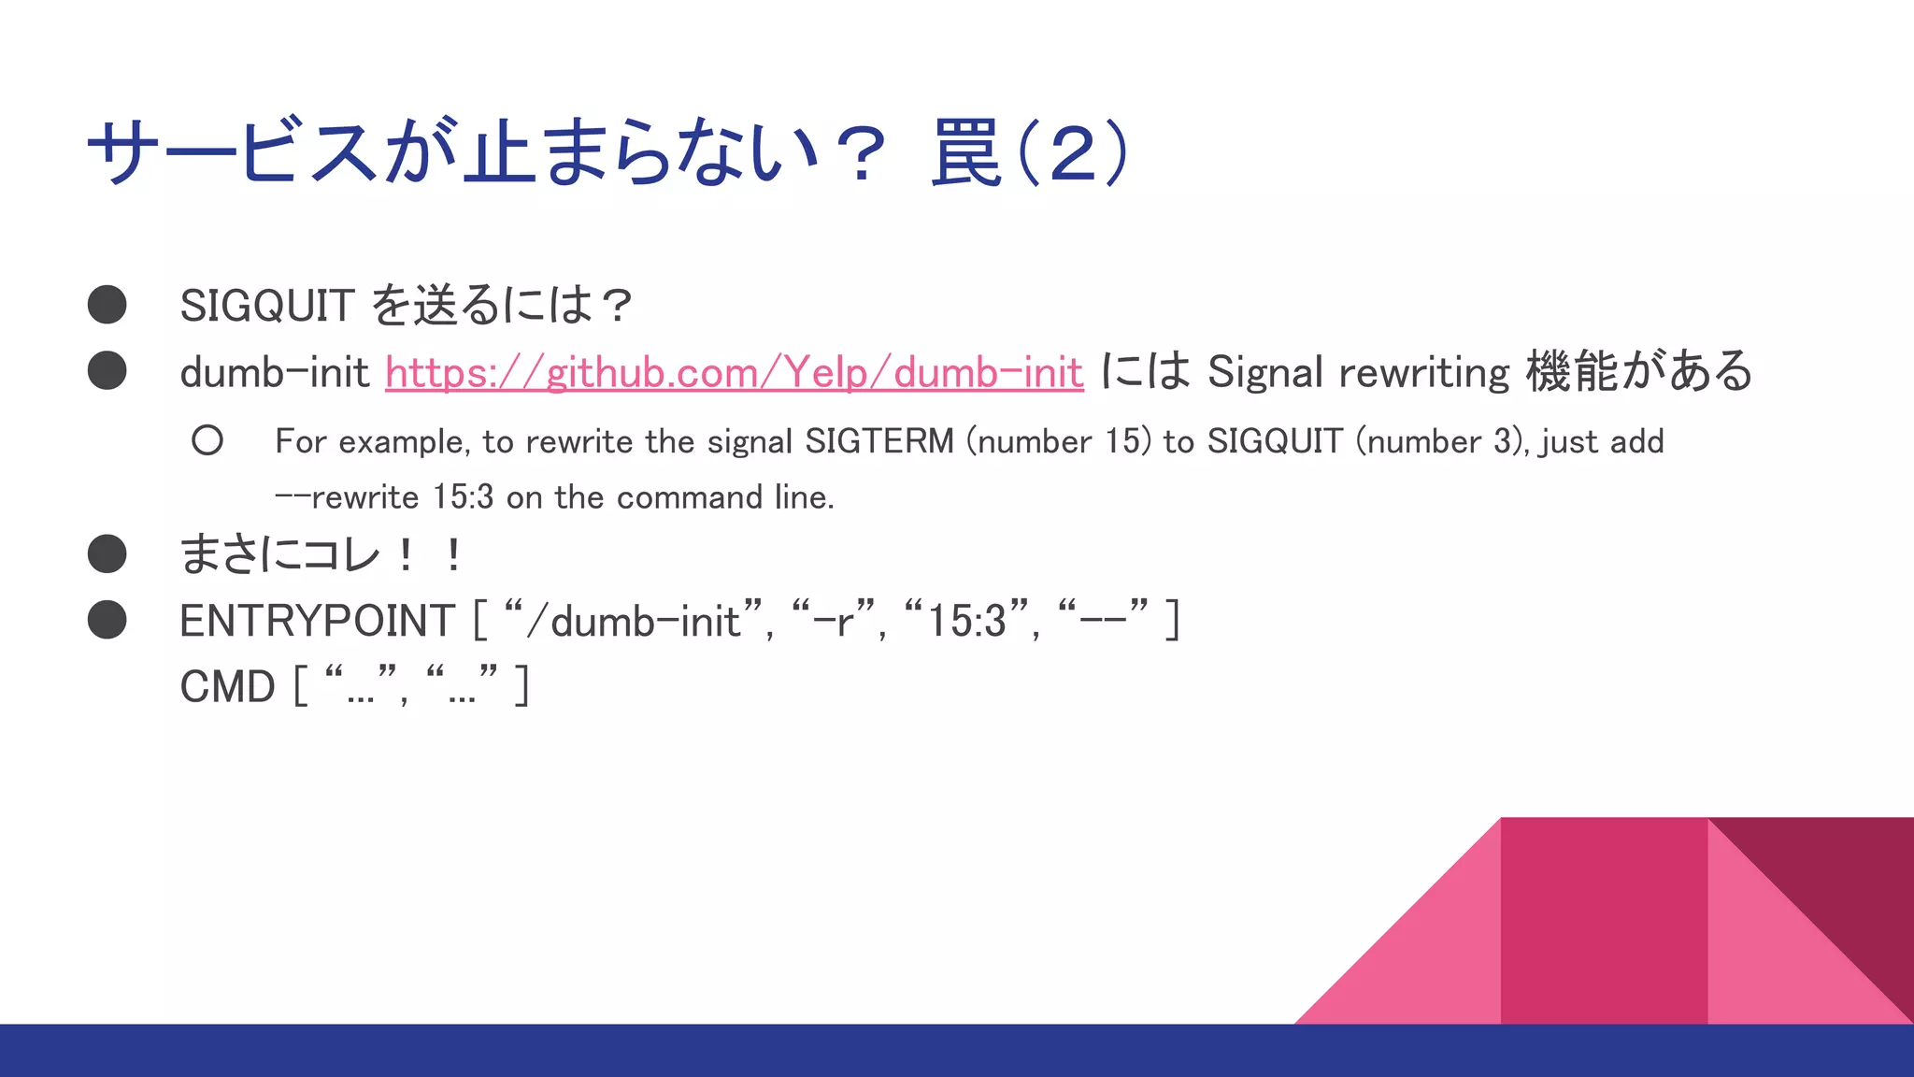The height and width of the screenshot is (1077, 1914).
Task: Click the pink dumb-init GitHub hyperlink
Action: tap(734, 373)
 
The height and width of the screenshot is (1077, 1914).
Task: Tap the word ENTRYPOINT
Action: tap(317, 622)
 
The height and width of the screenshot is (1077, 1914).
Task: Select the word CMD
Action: tap(227, 687)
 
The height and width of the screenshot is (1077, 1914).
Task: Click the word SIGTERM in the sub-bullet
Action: tap(878, 441)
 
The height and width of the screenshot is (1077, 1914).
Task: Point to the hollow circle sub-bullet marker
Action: tap(207, 440)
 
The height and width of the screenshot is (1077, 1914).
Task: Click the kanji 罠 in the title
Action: tap(966, 152)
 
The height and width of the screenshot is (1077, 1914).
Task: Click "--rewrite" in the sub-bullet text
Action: tap(347, 497)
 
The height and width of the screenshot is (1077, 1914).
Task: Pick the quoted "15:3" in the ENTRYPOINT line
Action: tap(966, 622)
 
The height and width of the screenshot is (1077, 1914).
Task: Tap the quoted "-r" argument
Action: tap(834, 622)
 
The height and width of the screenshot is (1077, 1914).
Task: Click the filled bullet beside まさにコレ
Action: tap(107, 553)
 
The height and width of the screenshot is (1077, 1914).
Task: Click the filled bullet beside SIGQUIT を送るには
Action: tap(107, 305)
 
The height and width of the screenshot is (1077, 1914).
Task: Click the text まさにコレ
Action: tap(279, 554)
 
